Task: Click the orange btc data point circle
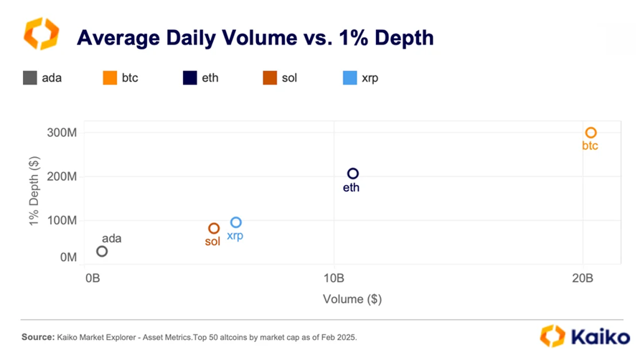click(591, 133)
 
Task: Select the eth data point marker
click(352, 174)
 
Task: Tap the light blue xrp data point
click(235, 222)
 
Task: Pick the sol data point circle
click(214, 229)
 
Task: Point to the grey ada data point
click(102, 251)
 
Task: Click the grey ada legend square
click(29, 77)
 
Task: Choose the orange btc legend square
click(110, 77)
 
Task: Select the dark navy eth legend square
click(189, 77)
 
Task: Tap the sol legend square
click(270, 77)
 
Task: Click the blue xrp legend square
click(350, 77)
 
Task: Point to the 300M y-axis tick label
click(62, 133)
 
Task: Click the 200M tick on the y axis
click(62, 177)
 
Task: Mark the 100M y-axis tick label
click(62, 220)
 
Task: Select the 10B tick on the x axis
click(334, 277)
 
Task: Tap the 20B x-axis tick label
click(583, 277)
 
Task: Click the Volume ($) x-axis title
click(352, 299)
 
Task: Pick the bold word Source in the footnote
click(37, 336)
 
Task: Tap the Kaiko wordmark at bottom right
click(597, 336)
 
